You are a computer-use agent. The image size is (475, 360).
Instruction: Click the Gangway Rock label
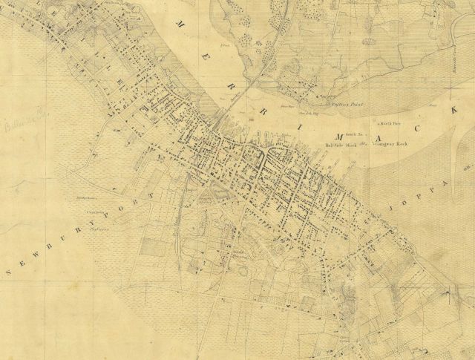[x=393, y=146]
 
